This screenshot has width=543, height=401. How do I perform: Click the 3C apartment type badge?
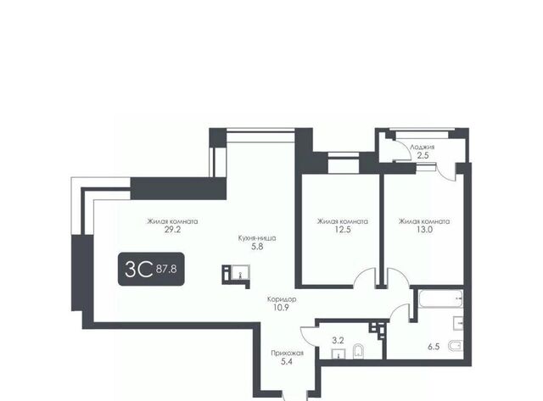151,269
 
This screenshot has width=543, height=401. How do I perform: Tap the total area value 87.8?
166,269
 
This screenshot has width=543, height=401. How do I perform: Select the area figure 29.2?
172,230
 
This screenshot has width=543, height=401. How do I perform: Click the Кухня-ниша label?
257,238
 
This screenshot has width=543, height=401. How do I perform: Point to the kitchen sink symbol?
240,272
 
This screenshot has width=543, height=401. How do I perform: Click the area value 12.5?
343,230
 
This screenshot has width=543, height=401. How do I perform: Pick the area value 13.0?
424,230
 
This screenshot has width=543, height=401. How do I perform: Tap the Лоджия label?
423,147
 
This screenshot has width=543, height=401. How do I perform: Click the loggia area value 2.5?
423,155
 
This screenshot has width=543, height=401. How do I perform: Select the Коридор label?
282,299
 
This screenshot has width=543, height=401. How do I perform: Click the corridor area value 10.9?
281,308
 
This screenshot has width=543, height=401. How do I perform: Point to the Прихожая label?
287,354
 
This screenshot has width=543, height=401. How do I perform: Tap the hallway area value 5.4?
288,362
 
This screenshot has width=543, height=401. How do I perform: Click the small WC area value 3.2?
338,341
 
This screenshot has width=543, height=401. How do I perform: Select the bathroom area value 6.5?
434,347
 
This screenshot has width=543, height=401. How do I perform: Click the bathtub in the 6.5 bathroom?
440,299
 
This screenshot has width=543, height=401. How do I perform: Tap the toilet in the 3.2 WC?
358,352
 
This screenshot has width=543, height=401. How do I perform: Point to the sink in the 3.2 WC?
339,354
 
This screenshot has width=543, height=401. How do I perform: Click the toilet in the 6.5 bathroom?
456,346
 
